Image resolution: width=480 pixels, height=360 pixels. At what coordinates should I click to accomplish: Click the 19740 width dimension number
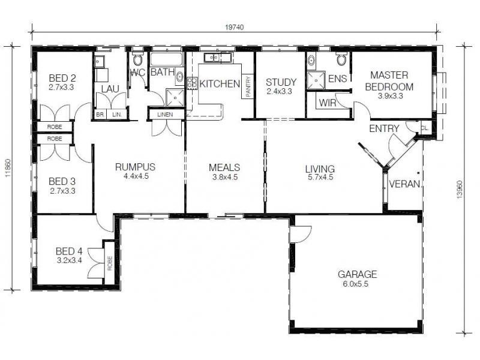[235, 28]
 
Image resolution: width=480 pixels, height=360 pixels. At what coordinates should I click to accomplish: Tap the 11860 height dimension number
[8, 168]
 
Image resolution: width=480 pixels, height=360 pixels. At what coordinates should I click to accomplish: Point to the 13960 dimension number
[460, 190]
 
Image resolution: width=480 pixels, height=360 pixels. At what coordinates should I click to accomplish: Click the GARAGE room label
[357, 274]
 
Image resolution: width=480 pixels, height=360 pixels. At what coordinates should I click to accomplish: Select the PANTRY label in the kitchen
[248, 86]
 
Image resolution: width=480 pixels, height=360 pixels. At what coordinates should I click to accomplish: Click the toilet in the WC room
[138, 58]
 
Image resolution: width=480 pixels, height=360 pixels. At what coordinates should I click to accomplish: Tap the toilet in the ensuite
[341, 58]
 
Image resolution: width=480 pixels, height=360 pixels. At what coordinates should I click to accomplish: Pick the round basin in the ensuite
[311, 61]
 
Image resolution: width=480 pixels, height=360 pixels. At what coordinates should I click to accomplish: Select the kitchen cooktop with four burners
[192, 83]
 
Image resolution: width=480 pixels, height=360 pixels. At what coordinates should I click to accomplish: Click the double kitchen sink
[212, 57]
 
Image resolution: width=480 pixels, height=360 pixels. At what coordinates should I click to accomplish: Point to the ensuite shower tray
[316, 80]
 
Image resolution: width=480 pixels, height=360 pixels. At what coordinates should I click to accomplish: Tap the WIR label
[327, 103]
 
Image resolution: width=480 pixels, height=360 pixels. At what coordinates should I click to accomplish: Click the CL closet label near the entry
[424, 128]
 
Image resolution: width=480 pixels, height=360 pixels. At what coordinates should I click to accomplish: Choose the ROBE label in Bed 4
[110, 263]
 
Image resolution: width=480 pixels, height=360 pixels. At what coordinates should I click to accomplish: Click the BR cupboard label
[100, 115]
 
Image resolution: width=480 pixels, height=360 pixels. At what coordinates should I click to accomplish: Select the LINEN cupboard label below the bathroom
[165, 115]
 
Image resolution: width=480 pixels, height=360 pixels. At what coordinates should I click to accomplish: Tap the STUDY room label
[281, 82]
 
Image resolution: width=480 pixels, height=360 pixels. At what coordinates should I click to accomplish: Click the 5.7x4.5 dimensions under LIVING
[320, 177]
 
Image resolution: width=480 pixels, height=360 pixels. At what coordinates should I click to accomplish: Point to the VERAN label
[404, 184]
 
